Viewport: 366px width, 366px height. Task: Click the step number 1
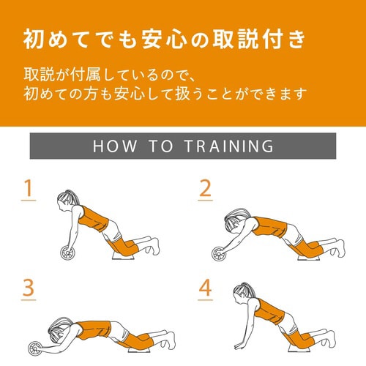coord(29,190)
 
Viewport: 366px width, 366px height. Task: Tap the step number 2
coord(205,190)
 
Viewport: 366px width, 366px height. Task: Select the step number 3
coord(29,288)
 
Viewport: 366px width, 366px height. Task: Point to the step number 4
coord(205,288)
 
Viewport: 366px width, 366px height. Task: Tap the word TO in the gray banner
coord(166,146)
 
